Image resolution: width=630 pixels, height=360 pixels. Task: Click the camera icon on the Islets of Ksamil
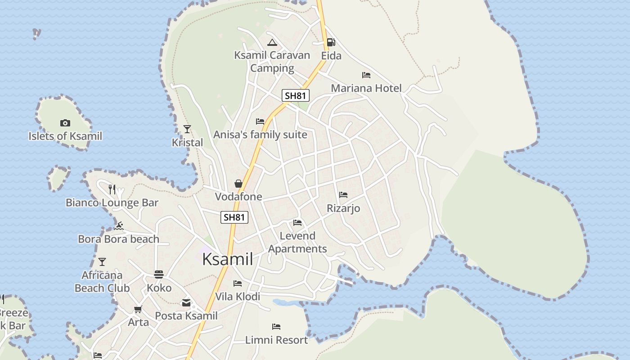[x=65, y=123]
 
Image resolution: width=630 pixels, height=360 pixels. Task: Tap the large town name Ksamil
[x=227, y=259]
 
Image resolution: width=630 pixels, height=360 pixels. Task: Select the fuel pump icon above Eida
[x=331, y=42]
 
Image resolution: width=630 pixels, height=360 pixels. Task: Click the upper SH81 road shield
[x=296, y=95]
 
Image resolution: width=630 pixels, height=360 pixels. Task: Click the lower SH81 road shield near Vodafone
[x=234, y=217]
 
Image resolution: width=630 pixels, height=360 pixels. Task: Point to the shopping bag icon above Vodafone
[x=238, y=184]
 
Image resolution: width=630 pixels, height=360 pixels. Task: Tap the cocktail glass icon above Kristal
[x=187, y=130]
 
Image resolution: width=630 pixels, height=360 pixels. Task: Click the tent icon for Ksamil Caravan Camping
[x=272, y=43]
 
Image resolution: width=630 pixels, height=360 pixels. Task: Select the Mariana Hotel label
[x=366, y=88]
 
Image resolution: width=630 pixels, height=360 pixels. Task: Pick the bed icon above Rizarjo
[x=343, y=195]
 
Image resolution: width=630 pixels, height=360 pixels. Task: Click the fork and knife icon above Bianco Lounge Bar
[x=112, y=189]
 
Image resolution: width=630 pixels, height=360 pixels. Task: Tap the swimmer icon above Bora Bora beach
[x=119, y=226]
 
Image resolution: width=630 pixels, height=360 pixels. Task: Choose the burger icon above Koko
[x=159, y=274]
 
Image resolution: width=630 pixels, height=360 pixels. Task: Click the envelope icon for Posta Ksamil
[x=186, y=303]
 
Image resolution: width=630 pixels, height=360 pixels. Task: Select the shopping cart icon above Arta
[x=138, y=309]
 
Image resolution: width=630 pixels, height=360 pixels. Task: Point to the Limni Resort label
[x=276, y=340]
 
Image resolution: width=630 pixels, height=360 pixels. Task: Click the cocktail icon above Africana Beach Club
[x=102, y=262]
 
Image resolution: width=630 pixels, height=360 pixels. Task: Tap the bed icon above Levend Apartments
[x=297, y=222]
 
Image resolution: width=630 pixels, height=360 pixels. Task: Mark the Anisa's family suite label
[x=260, y=135]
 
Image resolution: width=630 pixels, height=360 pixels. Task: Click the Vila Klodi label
[x=238, y=297]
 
